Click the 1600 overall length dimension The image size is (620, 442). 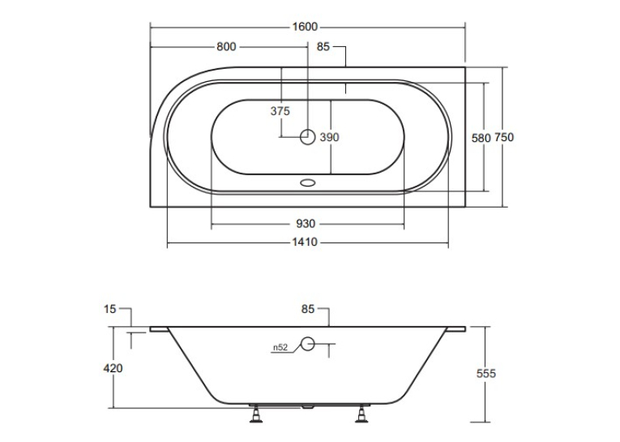point(305,27)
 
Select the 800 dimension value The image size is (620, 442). point(226,47)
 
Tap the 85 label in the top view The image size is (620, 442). point(323,47)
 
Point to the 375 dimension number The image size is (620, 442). point(280,111)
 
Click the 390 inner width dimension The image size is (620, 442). point(329,137)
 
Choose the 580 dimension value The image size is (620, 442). point(481,138)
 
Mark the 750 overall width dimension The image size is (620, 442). point(504,137)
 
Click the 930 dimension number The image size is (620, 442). point(306,224)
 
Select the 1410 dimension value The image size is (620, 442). point(305,242)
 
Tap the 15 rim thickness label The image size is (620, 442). point(110,309)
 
